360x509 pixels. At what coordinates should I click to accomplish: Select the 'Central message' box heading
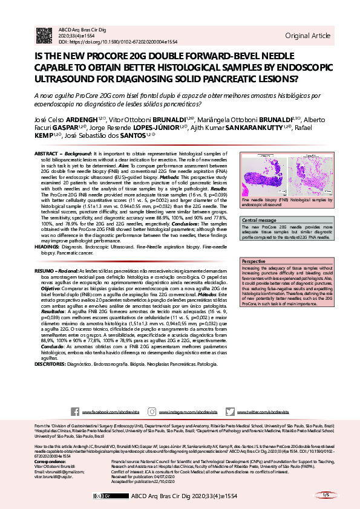click(259, 220)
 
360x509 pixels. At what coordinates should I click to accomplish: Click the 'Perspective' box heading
click(254, 261)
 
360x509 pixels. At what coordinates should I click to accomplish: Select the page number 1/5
click(326, 495)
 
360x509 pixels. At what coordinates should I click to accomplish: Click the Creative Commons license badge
click(101, 496)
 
